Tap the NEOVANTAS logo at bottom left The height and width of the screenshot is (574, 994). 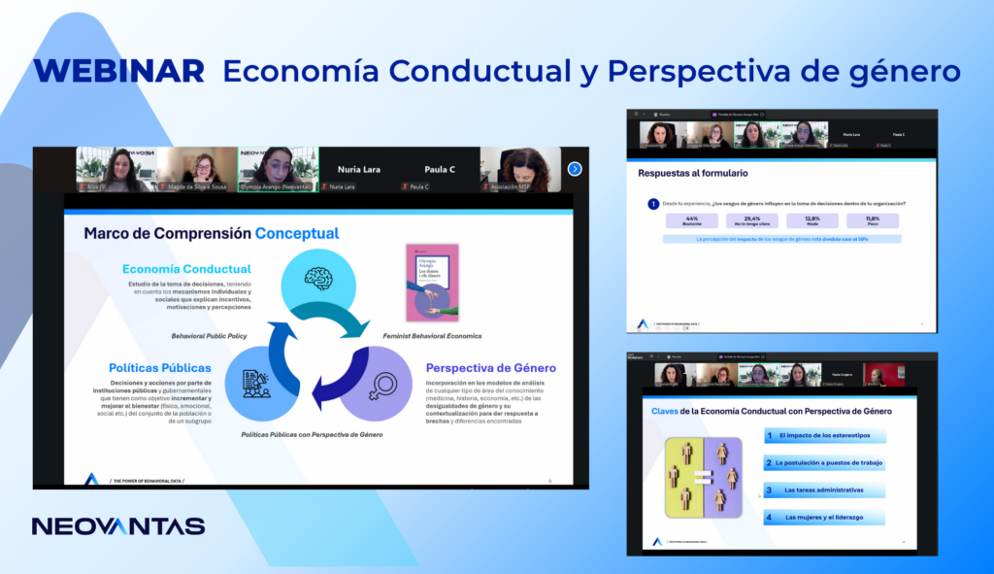pyautogui.click(x=117, y=526)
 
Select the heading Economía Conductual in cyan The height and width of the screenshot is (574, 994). pyautogui.click(x=186, y=269)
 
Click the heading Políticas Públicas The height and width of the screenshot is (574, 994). pyautogui.click(x=160, y=368)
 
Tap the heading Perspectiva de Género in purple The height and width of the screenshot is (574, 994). pyautogui.click(x=490, y=368)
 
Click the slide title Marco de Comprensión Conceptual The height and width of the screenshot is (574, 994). pyautogui.click(x=211, y=233)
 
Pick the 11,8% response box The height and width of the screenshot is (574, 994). pyautogui.click(x=873, y=220)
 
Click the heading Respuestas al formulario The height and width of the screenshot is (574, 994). pyautogui.click(x=679, y=174)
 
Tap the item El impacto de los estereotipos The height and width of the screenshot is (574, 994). pyautogui.click(x=824, y=437)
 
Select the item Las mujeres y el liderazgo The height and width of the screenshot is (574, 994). pyautogui.click(x=824, y=517)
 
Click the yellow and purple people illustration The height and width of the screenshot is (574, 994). pyautogui.click(x=703, y=477)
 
